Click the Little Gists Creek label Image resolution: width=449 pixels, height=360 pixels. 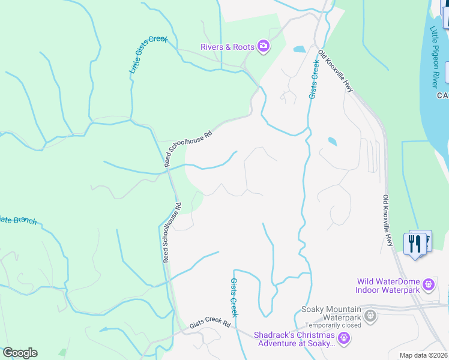tap(148, 55)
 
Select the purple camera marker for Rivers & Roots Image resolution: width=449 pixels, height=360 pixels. tap(263, 46)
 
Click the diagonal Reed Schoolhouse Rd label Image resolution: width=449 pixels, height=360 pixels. tap(189, 148)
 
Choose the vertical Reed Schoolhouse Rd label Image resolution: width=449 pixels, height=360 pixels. tap(171, 232)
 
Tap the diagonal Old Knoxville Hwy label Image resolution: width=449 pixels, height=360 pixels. tap(336, 71)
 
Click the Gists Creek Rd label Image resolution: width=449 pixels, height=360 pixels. tap(210, 323)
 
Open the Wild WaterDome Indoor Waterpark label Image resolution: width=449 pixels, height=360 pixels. tap(388, 286)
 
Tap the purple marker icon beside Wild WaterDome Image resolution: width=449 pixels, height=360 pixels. tap(428, 283)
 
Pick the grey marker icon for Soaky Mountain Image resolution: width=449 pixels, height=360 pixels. tap(370, 314)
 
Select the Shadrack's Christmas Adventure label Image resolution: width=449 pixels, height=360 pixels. tap(294, 340)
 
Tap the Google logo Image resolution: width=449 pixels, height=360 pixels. tap(20, 353)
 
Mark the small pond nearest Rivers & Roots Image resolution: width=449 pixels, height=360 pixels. tap(300, 49)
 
